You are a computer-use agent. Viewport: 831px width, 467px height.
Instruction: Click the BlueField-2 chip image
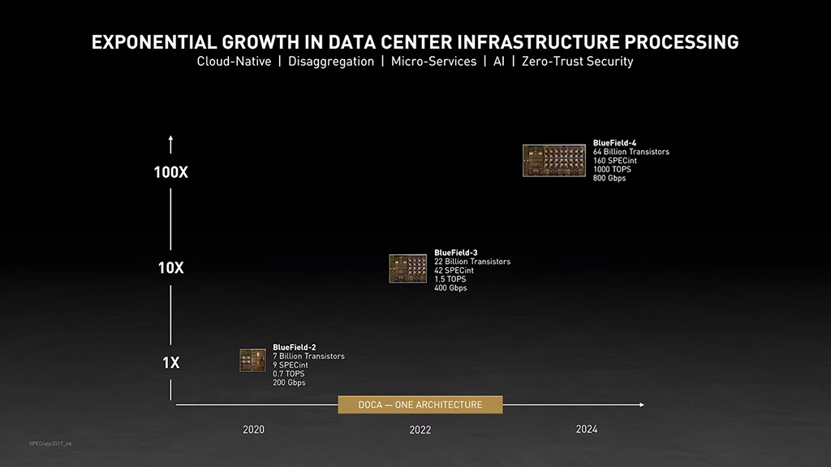252,361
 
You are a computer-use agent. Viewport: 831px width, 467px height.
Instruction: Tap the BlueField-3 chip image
407,269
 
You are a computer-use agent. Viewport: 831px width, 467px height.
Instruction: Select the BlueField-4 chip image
554,160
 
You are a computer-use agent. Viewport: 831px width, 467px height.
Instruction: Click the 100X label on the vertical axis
170,172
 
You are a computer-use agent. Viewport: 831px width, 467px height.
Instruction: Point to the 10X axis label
170,268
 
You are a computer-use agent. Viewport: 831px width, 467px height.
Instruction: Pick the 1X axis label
170,363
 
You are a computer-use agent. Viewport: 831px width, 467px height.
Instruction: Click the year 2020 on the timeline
253,430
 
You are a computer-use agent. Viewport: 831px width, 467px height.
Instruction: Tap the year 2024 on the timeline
586,429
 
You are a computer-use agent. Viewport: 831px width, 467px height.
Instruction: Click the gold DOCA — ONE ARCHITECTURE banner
420,404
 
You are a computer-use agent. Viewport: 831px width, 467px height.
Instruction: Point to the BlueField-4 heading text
614,143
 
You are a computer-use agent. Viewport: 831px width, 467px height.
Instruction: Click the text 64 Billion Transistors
631,152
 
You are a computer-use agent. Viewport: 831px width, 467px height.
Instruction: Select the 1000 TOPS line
612,169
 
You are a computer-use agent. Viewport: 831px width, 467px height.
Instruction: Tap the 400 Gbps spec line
450,288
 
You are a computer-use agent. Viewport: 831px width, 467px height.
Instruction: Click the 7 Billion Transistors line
308,357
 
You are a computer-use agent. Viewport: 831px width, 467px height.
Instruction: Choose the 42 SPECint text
454,270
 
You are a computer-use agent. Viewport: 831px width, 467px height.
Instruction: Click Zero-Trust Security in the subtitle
577,61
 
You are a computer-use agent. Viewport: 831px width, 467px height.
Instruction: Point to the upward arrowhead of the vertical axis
170,140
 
